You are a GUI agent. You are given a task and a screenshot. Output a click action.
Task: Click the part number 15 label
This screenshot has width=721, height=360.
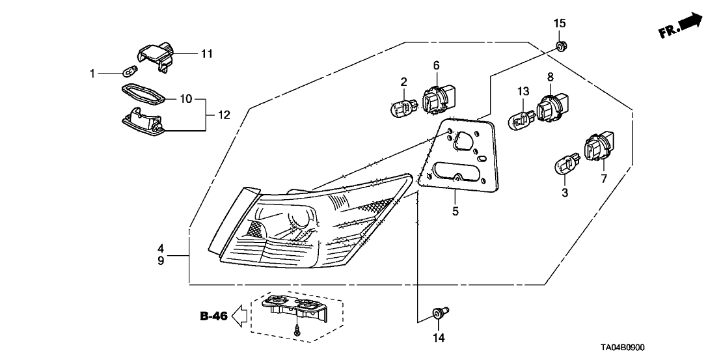560,23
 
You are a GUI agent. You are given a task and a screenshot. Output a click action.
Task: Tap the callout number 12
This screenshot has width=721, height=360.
223,116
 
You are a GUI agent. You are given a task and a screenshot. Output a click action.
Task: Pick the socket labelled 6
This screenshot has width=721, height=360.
437,100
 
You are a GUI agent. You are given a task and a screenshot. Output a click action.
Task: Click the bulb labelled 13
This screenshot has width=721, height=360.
521,119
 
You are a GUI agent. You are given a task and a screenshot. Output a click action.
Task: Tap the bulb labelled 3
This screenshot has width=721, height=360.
564,166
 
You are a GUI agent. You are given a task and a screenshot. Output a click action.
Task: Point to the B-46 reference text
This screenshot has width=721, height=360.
213,316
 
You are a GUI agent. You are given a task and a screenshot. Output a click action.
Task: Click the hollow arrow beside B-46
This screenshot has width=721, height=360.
241,316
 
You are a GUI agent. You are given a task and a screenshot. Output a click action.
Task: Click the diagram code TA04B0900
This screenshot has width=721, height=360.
683,348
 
